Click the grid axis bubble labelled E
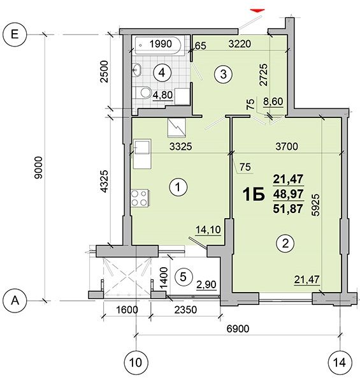15,34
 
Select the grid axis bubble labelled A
15,300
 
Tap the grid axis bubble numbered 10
136,362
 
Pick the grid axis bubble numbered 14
340,362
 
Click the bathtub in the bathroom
158,45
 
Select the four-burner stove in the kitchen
140,198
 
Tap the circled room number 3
223,74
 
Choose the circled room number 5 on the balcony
184,277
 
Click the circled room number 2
285,243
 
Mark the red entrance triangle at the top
257,11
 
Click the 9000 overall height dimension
39,168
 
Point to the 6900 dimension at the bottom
238,329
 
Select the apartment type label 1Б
254,195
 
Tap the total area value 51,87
288,209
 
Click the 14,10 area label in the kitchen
208,230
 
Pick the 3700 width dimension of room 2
287,147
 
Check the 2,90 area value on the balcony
206,284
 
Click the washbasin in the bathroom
137,70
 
